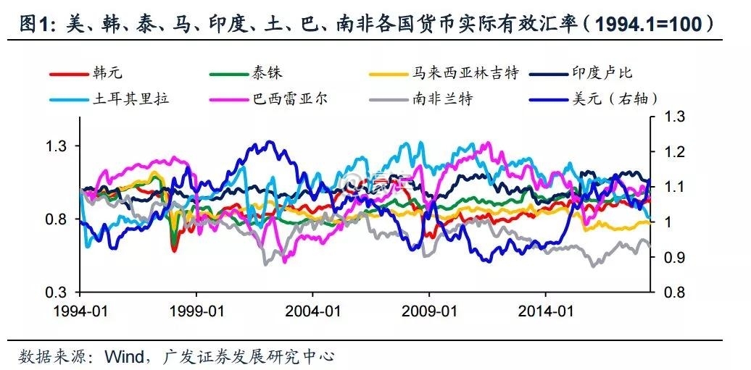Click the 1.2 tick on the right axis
[x=671, y=152]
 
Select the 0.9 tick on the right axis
[x=671, y=258]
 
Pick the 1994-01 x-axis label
[x=80, y=312]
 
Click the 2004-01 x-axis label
[x=312, y=312]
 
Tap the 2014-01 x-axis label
[x=545, y=312]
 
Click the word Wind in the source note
[x=125, y=356]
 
